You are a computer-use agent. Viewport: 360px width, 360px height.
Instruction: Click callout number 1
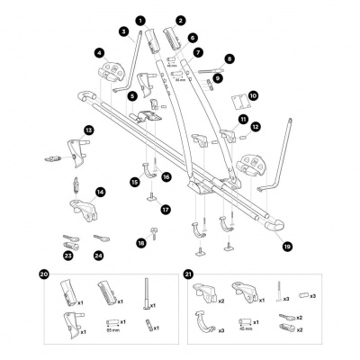139,19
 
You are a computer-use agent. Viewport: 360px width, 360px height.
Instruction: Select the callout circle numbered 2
181,19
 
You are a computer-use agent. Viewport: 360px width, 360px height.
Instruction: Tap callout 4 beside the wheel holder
98,53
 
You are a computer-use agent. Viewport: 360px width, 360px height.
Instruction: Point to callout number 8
229,58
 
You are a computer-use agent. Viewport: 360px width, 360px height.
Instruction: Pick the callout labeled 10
253,94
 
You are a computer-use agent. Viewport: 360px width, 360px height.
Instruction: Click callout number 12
255,128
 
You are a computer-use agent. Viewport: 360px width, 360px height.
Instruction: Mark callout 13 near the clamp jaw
88,130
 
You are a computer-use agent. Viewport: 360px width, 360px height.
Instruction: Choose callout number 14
101,192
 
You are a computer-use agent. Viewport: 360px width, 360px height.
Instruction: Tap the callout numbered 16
166,177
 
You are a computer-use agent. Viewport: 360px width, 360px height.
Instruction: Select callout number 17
166,210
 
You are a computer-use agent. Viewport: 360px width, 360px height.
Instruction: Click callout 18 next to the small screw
141,243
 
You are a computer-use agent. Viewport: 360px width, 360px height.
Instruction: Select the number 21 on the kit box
188,274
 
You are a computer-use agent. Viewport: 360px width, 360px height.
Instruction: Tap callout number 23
68,256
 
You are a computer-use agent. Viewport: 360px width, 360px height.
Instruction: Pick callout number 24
98,256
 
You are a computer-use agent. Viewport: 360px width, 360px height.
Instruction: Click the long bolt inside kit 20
143,296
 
